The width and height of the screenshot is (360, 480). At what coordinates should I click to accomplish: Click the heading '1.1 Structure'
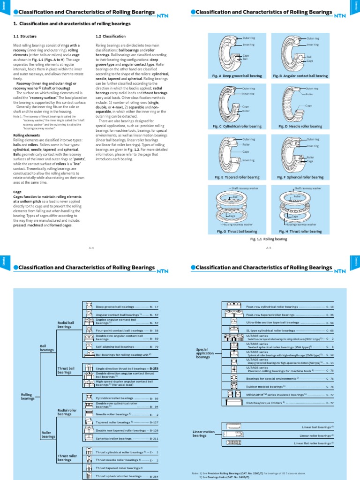[25, 36]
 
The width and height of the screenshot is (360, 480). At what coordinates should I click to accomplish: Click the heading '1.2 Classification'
[111, 36]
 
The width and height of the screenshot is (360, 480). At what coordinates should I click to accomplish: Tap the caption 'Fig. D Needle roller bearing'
[300, 127]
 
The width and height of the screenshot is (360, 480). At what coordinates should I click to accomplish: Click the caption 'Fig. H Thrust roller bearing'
[300, 231]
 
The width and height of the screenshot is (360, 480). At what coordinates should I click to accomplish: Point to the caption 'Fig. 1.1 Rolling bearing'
[269, 239]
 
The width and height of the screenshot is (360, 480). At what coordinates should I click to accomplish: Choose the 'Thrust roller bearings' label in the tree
[67, 457]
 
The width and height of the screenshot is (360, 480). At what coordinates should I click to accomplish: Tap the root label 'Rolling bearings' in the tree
[28, 397]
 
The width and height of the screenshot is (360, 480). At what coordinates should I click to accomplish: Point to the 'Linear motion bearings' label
[203, 434]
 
